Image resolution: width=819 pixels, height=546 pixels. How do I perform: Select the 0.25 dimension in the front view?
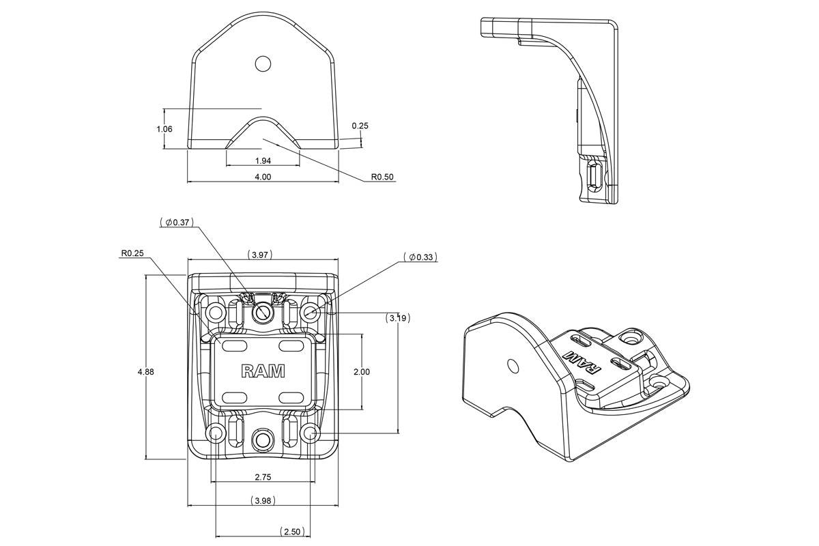click(x=360, y=126)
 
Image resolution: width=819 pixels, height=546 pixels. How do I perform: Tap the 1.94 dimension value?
click(x=263, y=160)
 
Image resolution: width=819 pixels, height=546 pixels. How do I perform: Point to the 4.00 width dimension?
click(x=263, y=177)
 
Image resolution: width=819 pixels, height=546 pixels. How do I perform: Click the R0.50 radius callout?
click(x=382, y=177)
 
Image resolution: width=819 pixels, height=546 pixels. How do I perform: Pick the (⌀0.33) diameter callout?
click(x=420, y=257)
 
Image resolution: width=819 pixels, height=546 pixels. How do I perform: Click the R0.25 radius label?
click(x=132, y=253)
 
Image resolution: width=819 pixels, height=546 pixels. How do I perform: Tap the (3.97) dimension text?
click(x=262, y=255)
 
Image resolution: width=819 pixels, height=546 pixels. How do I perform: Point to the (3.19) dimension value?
click(x=397, y=317)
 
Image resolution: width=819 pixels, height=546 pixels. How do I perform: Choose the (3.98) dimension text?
click(x=263, y=500)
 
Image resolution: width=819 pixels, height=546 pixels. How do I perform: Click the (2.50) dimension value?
click(x=291, y=531)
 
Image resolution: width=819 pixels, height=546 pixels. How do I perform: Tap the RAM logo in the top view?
click(x=263, y=371)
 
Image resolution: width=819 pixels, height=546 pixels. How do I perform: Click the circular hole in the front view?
click(x=263, y=63)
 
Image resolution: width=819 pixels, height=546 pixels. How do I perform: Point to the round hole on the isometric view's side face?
click(x=511, y=365)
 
